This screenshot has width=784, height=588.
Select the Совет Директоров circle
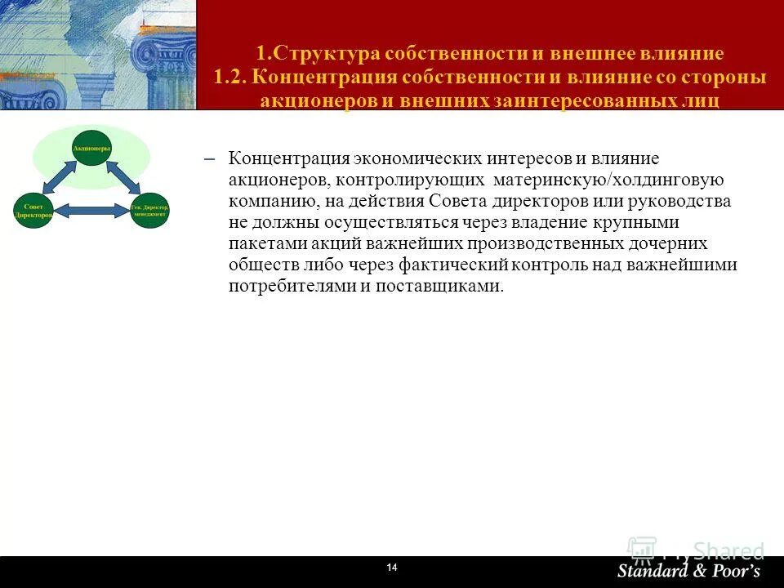coord(33,210)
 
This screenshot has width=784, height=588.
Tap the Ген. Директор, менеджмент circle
coord(149,210)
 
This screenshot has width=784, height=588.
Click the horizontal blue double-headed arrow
coord(91,211)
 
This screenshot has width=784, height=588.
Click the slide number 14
coord(391,568)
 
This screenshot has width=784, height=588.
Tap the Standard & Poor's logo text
coord(688,570)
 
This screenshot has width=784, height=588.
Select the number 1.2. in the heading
coord(230,78)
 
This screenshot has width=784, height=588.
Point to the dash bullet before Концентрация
coord(207,158)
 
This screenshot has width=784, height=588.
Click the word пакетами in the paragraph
coord(261,243)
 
